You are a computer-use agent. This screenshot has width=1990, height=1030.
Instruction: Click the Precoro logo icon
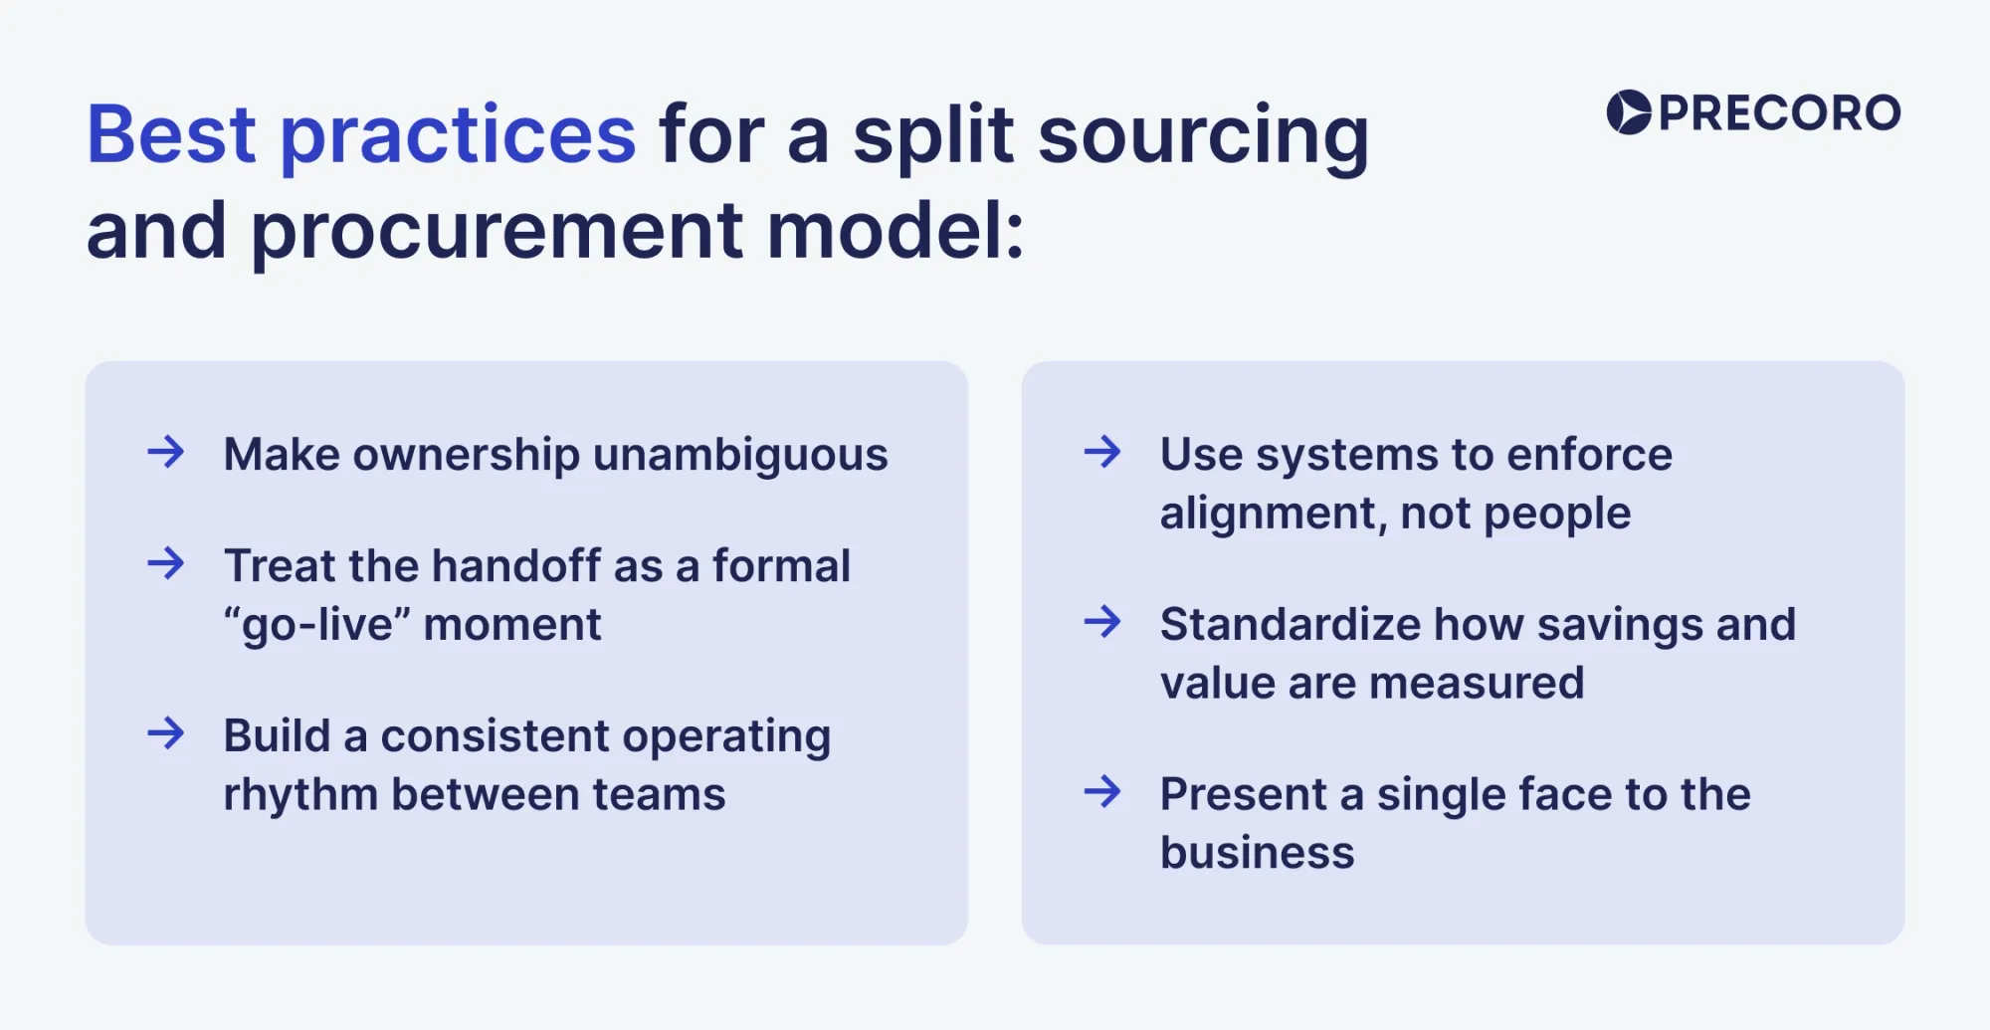(x=1629, y=112)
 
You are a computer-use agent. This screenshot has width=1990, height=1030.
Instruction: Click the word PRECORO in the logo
(x=1779, y=113)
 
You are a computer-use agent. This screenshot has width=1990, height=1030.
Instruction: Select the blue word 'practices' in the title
(x=458, y=136)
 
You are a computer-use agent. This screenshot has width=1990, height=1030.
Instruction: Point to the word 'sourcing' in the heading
(x=1203, y=136)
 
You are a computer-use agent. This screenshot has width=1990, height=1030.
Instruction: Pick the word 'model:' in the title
(x=895, y=231)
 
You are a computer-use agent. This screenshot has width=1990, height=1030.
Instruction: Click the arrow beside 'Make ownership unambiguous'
(x=166, y=453)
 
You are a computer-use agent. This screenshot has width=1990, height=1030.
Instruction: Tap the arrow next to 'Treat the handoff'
(x=166, y=564)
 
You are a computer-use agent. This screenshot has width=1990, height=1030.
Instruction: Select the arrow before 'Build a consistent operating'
(x=166, y=734)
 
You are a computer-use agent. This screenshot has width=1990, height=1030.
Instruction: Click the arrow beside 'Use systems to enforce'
(x=1102, y=453)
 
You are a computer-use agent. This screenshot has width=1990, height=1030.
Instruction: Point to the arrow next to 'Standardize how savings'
(x=1102, y=623)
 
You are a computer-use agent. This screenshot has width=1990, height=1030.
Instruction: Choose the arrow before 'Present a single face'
(x=1102, y=793)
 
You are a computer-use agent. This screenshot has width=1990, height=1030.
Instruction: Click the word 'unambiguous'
(x=740, y=455)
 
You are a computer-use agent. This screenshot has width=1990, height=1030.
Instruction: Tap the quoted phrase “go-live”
(x=316, y=625)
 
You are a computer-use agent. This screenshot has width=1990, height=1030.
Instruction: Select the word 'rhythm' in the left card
(x=300, y=795)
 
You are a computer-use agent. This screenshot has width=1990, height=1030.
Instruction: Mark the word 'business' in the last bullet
(x=1257, y=853)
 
